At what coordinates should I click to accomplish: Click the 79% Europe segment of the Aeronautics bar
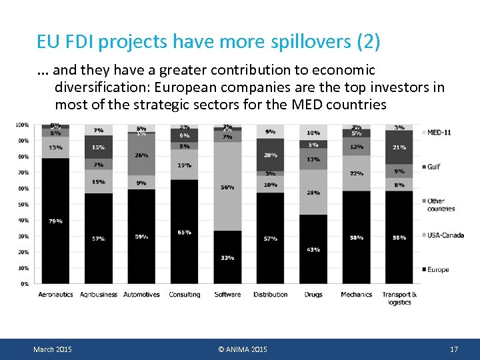point(55,221)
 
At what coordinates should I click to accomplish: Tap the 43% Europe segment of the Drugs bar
point(313,249)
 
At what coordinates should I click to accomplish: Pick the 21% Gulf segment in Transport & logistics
point(399,147)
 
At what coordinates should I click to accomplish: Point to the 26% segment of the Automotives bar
point(141,155)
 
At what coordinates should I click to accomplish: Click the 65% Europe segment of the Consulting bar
point(185,231)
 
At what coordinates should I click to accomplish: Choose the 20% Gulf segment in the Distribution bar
point(270,155)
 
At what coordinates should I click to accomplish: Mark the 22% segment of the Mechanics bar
point(356,173)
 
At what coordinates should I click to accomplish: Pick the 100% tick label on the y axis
point(22,125)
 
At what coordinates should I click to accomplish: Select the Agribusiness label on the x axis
point(99,294)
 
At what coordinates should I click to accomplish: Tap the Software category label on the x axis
point(227,294)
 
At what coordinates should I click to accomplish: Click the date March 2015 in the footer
point(53,349)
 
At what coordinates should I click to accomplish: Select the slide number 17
point(454,349)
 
